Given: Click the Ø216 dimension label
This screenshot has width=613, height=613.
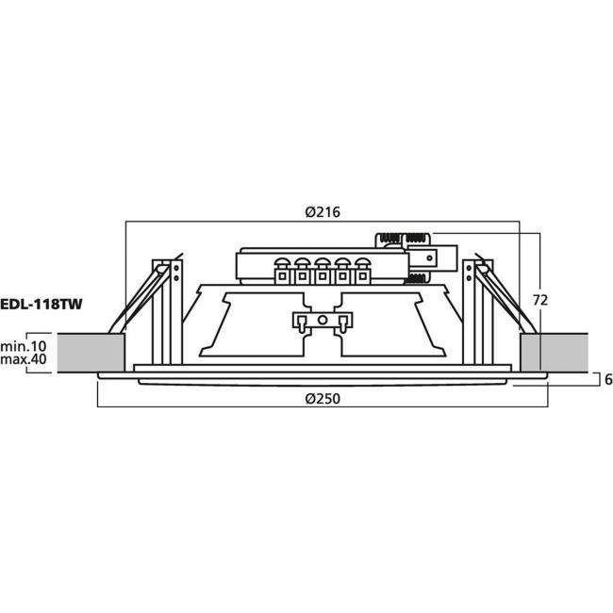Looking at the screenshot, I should point(323,213).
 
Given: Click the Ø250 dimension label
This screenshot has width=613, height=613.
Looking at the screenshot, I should point(323,398).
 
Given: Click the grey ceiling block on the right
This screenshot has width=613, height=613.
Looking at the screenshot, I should point(554,352).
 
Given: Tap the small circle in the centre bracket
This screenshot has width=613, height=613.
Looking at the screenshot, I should point(322,322).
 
